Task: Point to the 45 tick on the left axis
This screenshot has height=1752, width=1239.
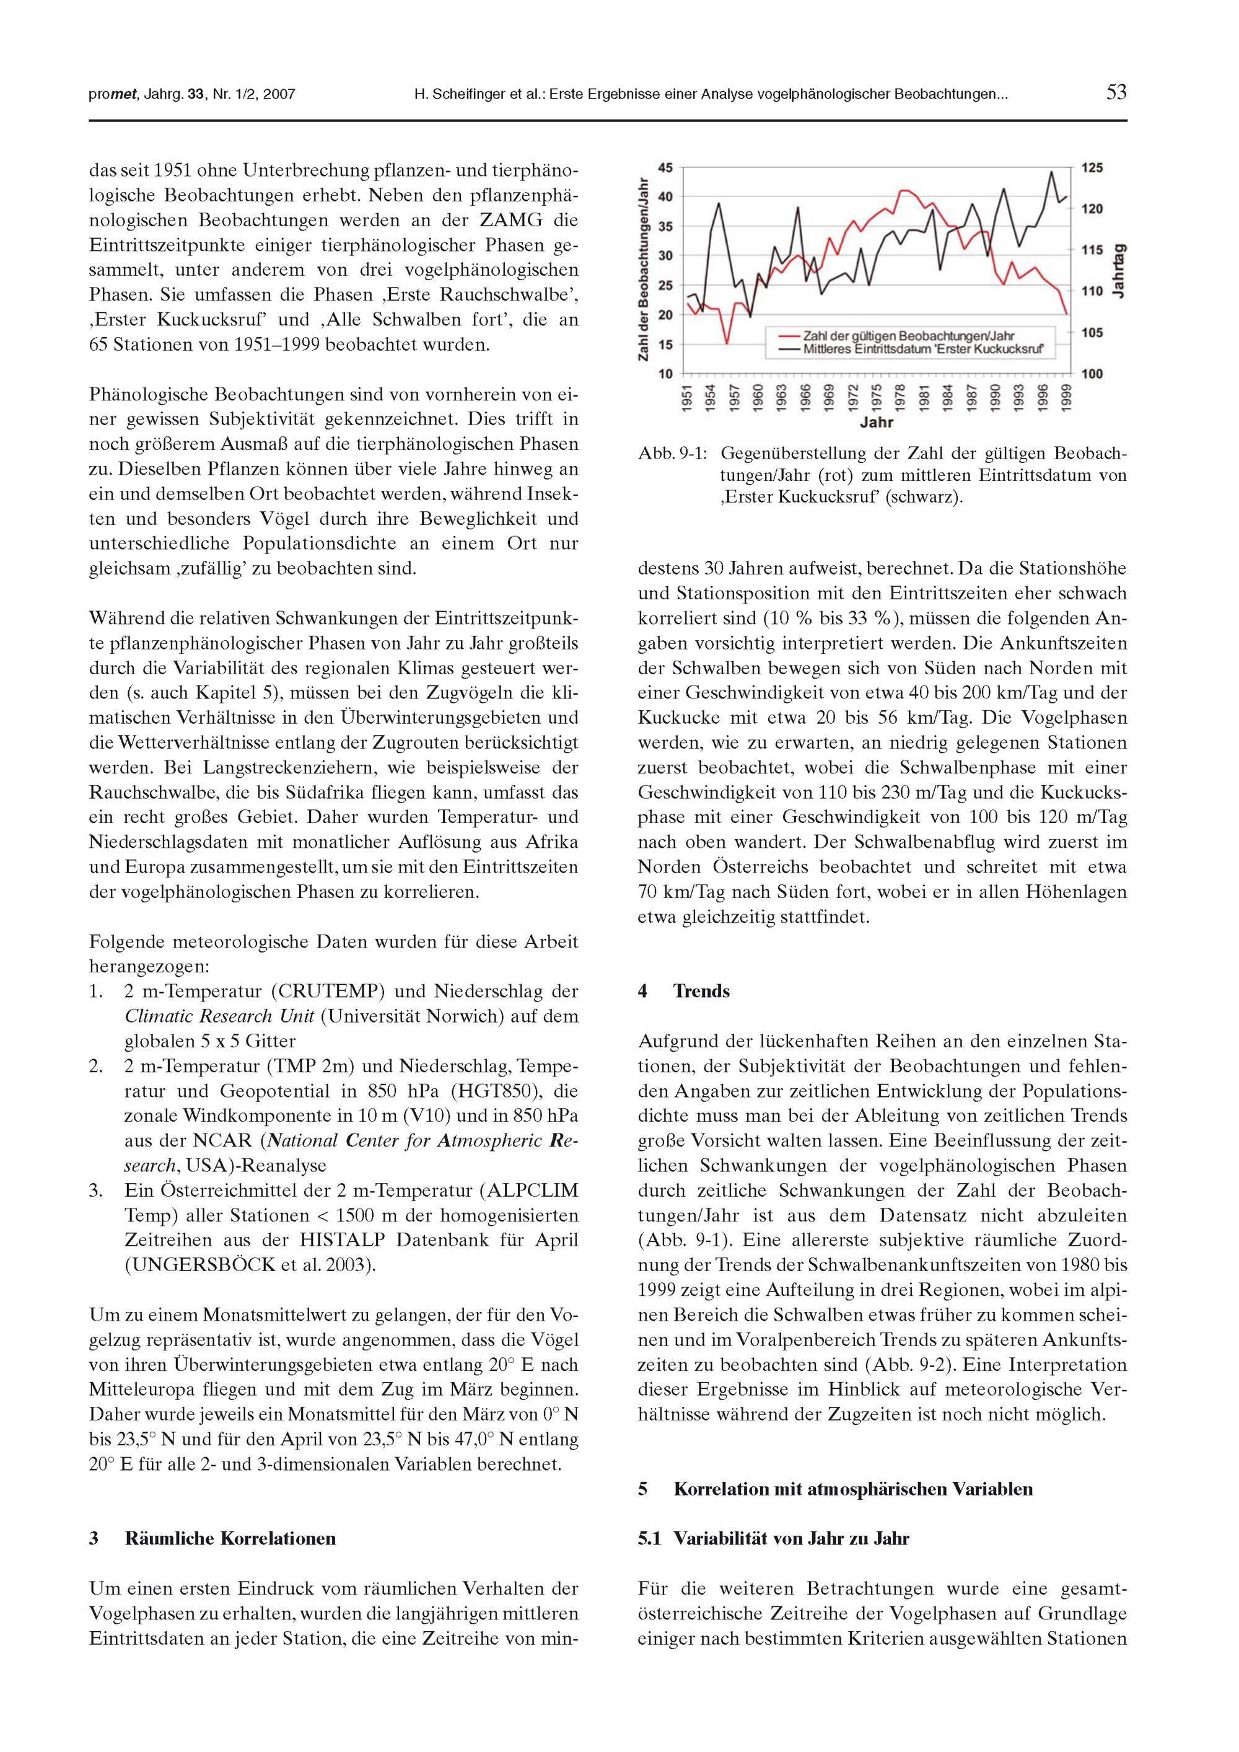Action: (x=666, y=168)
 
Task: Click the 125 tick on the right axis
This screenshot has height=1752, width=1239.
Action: (x=1091, y=168)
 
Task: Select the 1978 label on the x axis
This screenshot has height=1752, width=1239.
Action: (x=900, y=397)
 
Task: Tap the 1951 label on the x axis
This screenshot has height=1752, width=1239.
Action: (x=688, y=397)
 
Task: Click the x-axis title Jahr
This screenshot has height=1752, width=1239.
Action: (x=877, y=422)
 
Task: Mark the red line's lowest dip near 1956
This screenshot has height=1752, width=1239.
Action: (x=727, y=343)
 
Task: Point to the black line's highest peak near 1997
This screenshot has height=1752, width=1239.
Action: (x=1052, y=172)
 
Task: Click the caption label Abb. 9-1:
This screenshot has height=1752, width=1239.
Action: (x=672, y=453)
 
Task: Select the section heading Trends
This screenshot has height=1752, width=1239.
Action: (x=701, y=991)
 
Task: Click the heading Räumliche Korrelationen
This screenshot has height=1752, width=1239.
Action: (x=230, y=1538)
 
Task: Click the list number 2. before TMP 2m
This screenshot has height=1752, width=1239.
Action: (x=96, y=1066)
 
